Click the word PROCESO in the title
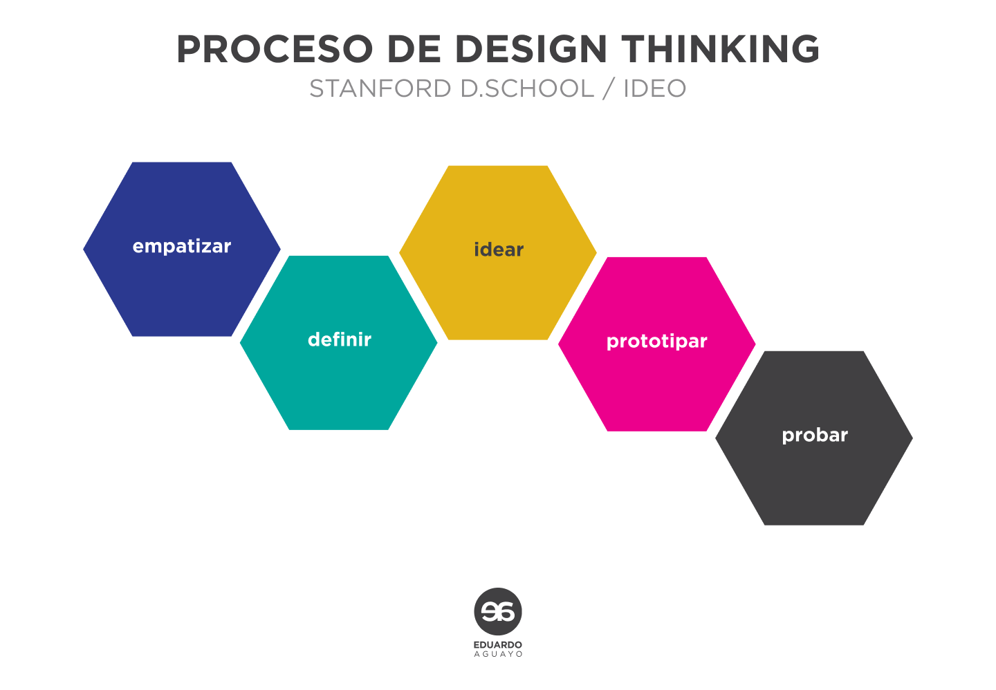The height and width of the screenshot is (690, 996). point(275,49)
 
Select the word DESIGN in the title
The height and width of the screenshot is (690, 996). point(531,49)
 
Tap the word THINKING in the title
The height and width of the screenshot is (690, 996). point(720,49)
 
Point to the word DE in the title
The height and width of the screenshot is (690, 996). point(414,49)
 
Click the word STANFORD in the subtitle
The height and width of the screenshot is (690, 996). point(380,88)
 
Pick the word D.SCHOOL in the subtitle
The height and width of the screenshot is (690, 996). point(528,88)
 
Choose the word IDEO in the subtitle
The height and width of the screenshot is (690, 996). point(655,88)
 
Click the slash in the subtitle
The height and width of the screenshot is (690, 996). point(609,88)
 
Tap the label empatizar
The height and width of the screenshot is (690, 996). point(182,246)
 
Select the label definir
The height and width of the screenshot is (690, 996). point(339,339)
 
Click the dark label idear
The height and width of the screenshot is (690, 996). point(499,250)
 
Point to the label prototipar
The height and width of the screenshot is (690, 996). point(657,342)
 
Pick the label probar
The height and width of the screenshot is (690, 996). point(815,435)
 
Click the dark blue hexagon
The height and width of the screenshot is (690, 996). point(182,250)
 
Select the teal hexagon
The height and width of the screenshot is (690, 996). point(339,343)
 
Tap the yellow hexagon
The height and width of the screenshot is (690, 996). point(498,253)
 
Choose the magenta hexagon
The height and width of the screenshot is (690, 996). point(657,344)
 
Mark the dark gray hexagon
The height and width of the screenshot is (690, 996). point(814,438)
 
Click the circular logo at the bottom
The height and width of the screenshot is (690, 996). point(498,612)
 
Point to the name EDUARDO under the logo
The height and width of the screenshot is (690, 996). point(498,644)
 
